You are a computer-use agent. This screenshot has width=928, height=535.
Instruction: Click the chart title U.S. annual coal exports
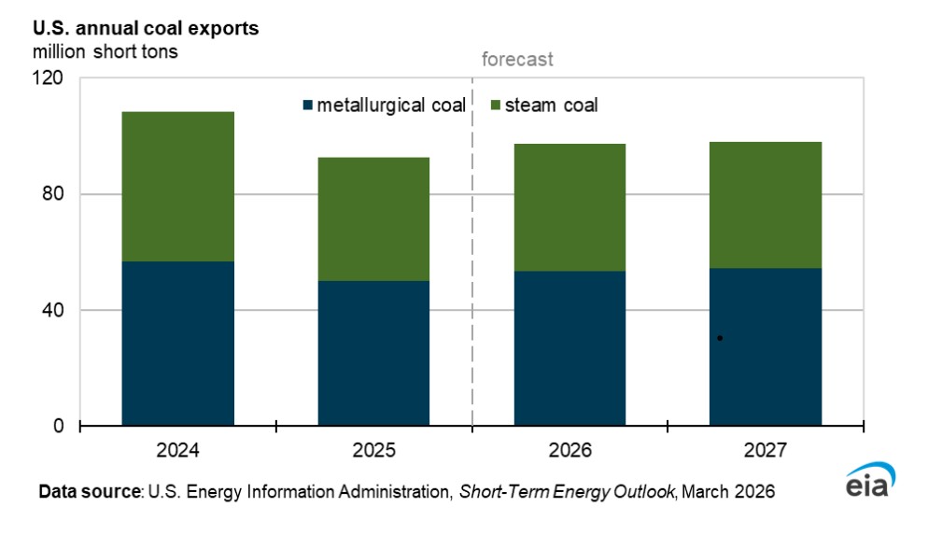click(x=147, y=28)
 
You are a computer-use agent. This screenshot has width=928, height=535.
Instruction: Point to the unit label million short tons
click(x=105, y=51)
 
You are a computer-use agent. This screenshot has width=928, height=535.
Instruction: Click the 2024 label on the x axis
click(x=177, y=451)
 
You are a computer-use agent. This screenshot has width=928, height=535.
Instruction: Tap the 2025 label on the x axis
click(x=373, y=451)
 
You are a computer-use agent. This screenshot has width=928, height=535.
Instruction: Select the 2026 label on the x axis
click(x=569, y=451)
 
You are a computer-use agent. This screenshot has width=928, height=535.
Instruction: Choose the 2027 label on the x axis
click(x=766, y=451)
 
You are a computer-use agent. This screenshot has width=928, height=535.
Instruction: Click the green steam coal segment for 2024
click(x=177, y=187)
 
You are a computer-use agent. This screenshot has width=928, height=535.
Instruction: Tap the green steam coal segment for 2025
click(x=373, y=219)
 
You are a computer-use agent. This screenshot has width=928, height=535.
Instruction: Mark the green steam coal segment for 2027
click(x=766, y=205)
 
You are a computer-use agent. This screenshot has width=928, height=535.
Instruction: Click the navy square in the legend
click(x=307, y=105)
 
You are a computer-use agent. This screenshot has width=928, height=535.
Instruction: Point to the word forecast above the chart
click(x=517, y=60)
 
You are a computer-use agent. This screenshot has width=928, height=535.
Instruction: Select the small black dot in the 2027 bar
click(x=720, y=338)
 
